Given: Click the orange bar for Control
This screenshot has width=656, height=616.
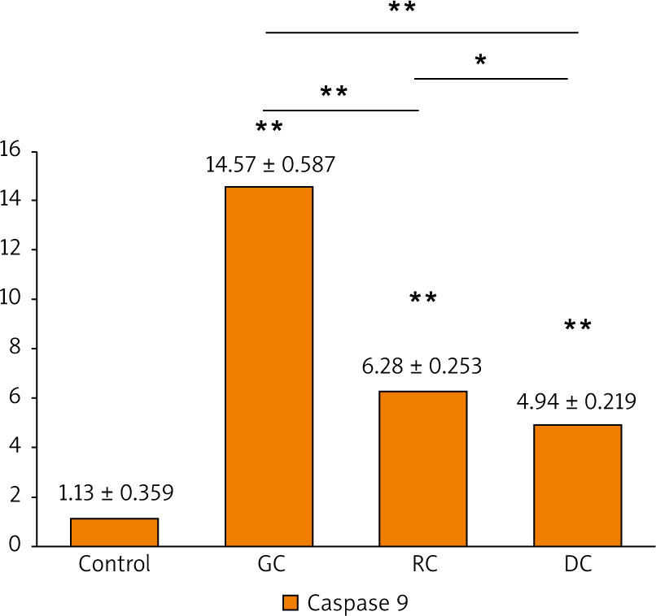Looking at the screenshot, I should tap(114, 531).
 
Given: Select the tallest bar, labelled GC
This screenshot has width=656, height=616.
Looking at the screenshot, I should tap(269, 366).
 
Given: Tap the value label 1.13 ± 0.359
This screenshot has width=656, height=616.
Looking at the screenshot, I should tap(116, 492).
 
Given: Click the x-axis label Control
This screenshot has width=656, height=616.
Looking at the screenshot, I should tap(114, 564).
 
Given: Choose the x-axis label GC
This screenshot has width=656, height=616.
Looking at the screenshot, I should tap(269, 564).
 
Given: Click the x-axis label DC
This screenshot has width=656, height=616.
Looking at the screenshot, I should tap(578, 564).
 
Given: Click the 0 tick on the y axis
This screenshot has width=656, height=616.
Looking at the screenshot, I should tap(15, 546).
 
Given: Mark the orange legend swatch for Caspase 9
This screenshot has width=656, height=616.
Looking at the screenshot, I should tap(291, 602).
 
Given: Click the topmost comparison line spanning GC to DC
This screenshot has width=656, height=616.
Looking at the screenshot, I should tap(422, 33).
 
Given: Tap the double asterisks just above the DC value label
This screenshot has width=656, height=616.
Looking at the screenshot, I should tap(578, 327).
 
